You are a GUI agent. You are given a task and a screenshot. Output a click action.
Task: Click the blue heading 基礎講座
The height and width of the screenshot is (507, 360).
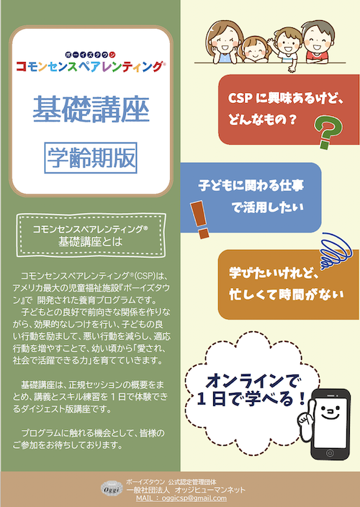click(91, 109)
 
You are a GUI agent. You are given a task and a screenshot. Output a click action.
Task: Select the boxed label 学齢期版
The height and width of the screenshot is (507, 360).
click(91, 158)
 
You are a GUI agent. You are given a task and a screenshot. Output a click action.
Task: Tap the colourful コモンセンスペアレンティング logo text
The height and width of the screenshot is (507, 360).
click(91, 66)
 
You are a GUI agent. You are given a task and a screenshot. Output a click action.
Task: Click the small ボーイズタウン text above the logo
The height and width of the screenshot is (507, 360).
click(90, 55)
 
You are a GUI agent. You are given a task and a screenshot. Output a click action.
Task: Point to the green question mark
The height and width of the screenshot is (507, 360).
click(329, 132)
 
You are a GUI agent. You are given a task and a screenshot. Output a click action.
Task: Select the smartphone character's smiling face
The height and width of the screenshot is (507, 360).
click(330, 413)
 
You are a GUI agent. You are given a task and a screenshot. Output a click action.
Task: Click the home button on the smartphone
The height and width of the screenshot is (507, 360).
click(330, 453)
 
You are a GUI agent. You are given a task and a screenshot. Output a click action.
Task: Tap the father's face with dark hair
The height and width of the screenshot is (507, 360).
click(318, 40)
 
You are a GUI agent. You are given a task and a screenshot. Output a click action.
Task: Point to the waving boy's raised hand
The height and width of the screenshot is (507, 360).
click(271, 42)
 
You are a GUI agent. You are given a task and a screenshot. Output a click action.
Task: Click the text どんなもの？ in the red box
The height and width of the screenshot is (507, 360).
click(262, 120)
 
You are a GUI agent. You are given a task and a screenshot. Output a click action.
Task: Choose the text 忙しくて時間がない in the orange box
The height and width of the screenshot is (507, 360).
click(287, 295)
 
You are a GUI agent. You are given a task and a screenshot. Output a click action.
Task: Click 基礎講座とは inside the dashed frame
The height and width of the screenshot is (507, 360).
click(91, 241)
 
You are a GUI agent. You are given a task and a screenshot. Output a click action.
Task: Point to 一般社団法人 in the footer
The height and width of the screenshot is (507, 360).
click(148, 490)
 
